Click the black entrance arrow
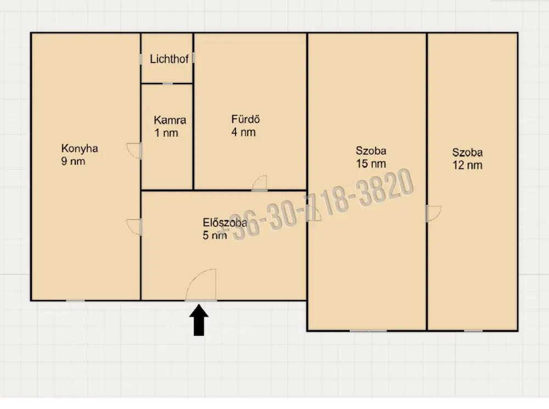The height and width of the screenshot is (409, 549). click(199, 320)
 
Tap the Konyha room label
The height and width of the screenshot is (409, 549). click(80, 148)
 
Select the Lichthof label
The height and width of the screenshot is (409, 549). click(169, 59)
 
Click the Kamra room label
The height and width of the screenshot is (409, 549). click(170, 120)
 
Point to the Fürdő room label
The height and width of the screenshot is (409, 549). click(245, 119)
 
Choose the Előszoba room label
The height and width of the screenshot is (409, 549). click(225, 223)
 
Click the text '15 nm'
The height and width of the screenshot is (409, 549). click(371, 164)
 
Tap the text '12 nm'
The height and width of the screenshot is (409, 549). click(467, 165)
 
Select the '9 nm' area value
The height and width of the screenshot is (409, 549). click(73, 161)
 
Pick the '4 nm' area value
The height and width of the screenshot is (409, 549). click(243, 132)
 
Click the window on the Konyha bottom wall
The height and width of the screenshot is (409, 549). click(75, 300)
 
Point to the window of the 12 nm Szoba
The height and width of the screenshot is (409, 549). click(473, 330)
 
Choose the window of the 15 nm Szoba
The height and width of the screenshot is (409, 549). click(368, 330)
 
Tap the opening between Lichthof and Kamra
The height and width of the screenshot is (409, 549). click(167, 83)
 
